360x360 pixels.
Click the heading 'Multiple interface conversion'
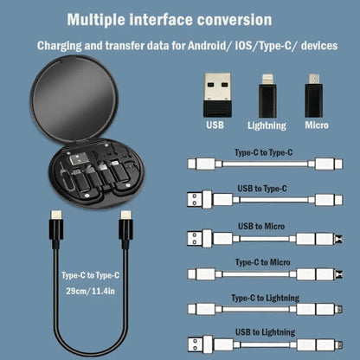(169, 18)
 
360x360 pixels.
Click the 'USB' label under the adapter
(216, 124)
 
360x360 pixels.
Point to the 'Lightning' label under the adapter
(267, 124)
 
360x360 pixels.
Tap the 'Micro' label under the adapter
(316, 124)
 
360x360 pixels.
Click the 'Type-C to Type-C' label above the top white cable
(265, 151)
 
